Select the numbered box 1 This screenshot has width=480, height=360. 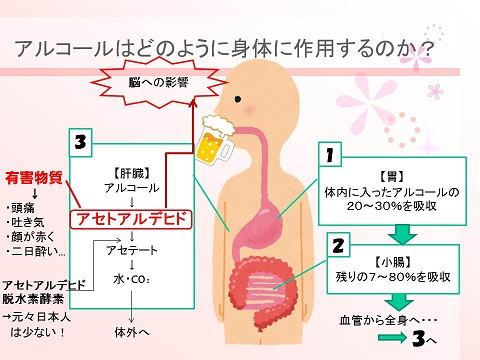pos(329,155)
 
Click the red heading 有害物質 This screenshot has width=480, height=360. pos(35,178)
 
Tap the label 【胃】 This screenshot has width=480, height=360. pos(398,174)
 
